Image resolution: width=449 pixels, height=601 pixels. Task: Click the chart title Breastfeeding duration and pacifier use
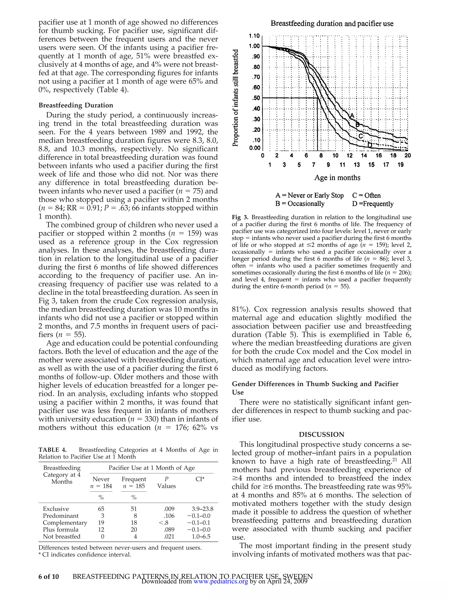[x=332, y=24]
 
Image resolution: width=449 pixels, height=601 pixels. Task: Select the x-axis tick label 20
[x=407, y=156]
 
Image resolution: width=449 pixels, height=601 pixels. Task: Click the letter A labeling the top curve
[x=352, y=116]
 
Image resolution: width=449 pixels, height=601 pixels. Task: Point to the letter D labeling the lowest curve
[x=370, y=145]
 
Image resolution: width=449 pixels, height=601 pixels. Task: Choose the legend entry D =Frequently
[x=373, y=204]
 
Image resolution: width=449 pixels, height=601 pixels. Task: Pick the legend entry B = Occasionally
[x=300, y=204]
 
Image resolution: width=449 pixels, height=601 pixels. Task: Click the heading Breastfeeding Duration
[x=76, y=105]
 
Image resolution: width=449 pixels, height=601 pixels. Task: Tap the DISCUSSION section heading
[x=321, y=434]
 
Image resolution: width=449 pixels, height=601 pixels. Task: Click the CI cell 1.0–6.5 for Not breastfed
[x=201, y=537]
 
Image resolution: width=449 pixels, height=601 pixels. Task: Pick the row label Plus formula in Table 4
[x=61, y=530]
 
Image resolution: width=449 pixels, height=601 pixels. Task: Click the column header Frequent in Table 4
[x=134, y=479]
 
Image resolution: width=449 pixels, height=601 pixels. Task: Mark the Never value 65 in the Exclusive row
[x=101, y=509]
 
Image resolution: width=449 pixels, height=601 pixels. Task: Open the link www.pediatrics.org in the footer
[x=221, y=581]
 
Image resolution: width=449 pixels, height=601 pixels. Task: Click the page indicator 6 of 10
[x=49, y=576]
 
